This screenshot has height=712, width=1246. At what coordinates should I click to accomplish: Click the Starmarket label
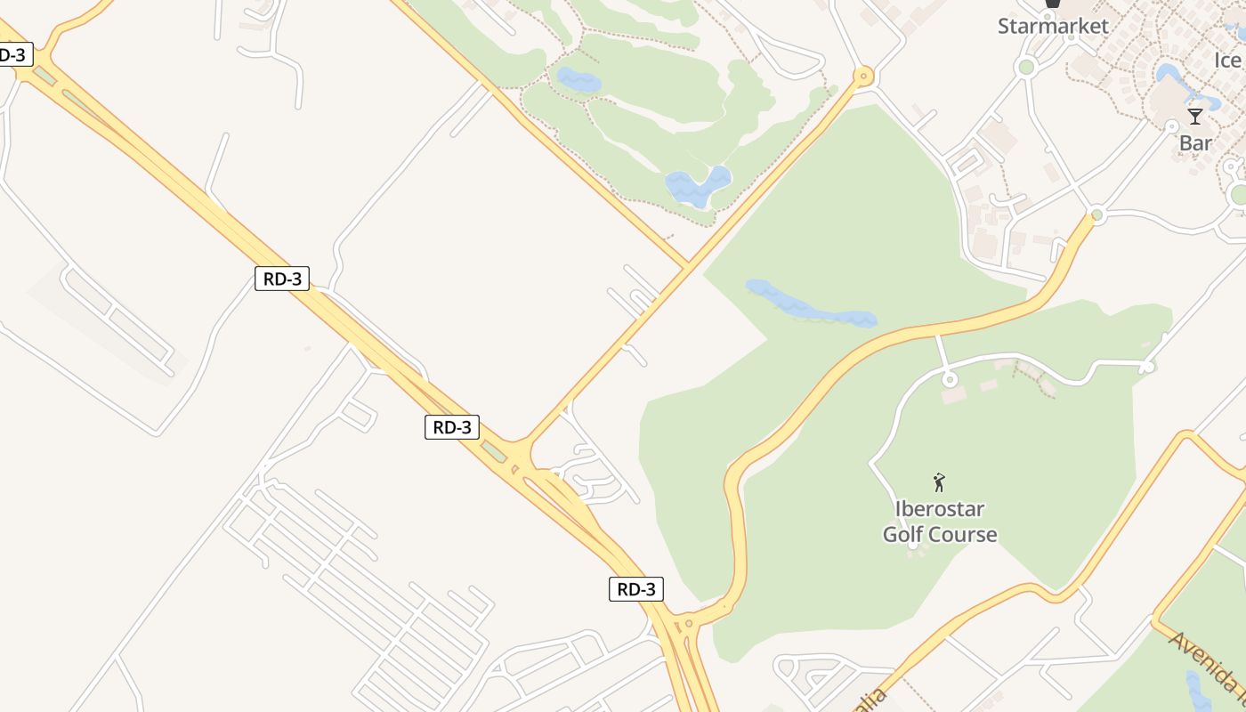click(1053, 26)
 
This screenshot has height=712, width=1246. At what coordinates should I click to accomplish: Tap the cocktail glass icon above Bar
click(1195, 117)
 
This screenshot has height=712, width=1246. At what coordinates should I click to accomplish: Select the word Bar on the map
click(1195, 142)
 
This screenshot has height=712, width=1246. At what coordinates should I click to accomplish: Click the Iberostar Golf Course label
click(939, 522)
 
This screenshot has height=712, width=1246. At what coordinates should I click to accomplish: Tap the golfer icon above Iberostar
click(939, 482)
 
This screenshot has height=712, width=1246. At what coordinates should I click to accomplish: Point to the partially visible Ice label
click(1228, 61)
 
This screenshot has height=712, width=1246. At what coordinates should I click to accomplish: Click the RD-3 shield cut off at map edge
click(13, 54)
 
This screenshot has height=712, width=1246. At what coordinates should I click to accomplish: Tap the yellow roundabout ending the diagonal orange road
click(862, 77)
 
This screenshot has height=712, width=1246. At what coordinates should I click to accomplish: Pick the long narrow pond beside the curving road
click(810, 304)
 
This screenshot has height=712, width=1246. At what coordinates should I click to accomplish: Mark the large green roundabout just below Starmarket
click(1026, 67)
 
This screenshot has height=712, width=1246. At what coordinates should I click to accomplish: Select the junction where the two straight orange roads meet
click(687, 265)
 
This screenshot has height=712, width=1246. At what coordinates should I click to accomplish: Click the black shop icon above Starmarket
click(1053, 4)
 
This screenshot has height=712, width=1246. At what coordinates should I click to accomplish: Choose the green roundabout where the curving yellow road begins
click(1096, 214)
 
